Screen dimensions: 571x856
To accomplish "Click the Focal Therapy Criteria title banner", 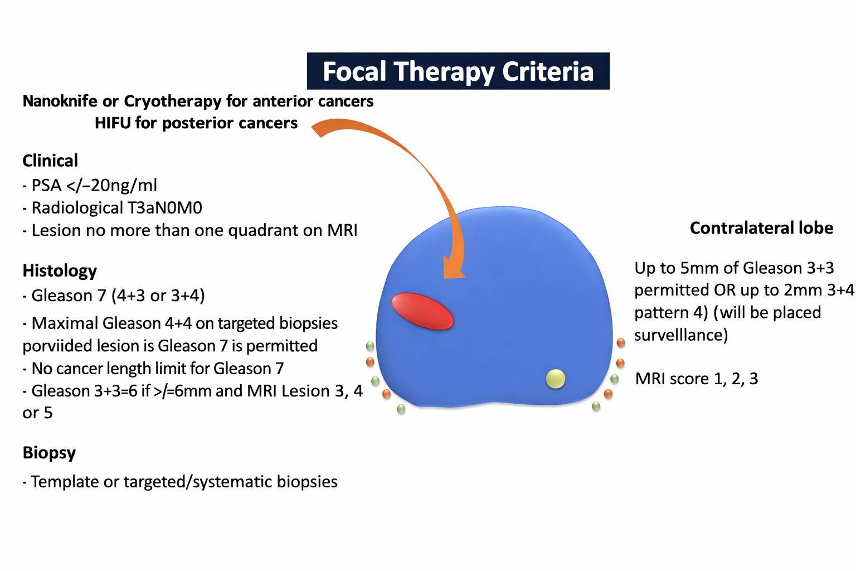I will point(458,71).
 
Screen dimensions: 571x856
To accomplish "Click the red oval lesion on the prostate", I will point(422,311).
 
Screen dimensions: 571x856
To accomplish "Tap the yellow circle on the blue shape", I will point(556,379).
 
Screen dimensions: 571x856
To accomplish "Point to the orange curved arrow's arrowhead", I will point(454,268).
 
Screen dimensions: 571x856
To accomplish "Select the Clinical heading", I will point(50,161).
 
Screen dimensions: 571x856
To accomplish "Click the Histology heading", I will point(60,271).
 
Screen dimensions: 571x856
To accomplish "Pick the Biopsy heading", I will point(49,453).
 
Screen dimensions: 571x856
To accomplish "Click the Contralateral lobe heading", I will point(761,228).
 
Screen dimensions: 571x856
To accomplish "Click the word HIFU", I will point(113,123).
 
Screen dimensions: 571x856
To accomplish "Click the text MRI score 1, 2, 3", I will point(697,379).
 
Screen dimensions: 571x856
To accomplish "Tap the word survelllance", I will point(681,335).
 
